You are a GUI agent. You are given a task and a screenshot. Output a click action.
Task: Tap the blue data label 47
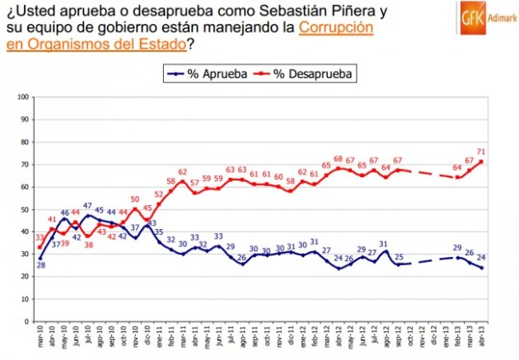point(87,205)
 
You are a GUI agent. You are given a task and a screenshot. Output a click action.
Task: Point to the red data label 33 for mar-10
point(40,238)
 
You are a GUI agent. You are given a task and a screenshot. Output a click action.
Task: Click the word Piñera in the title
point(339,12)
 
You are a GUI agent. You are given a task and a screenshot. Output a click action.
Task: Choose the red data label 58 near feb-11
point(171,181)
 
